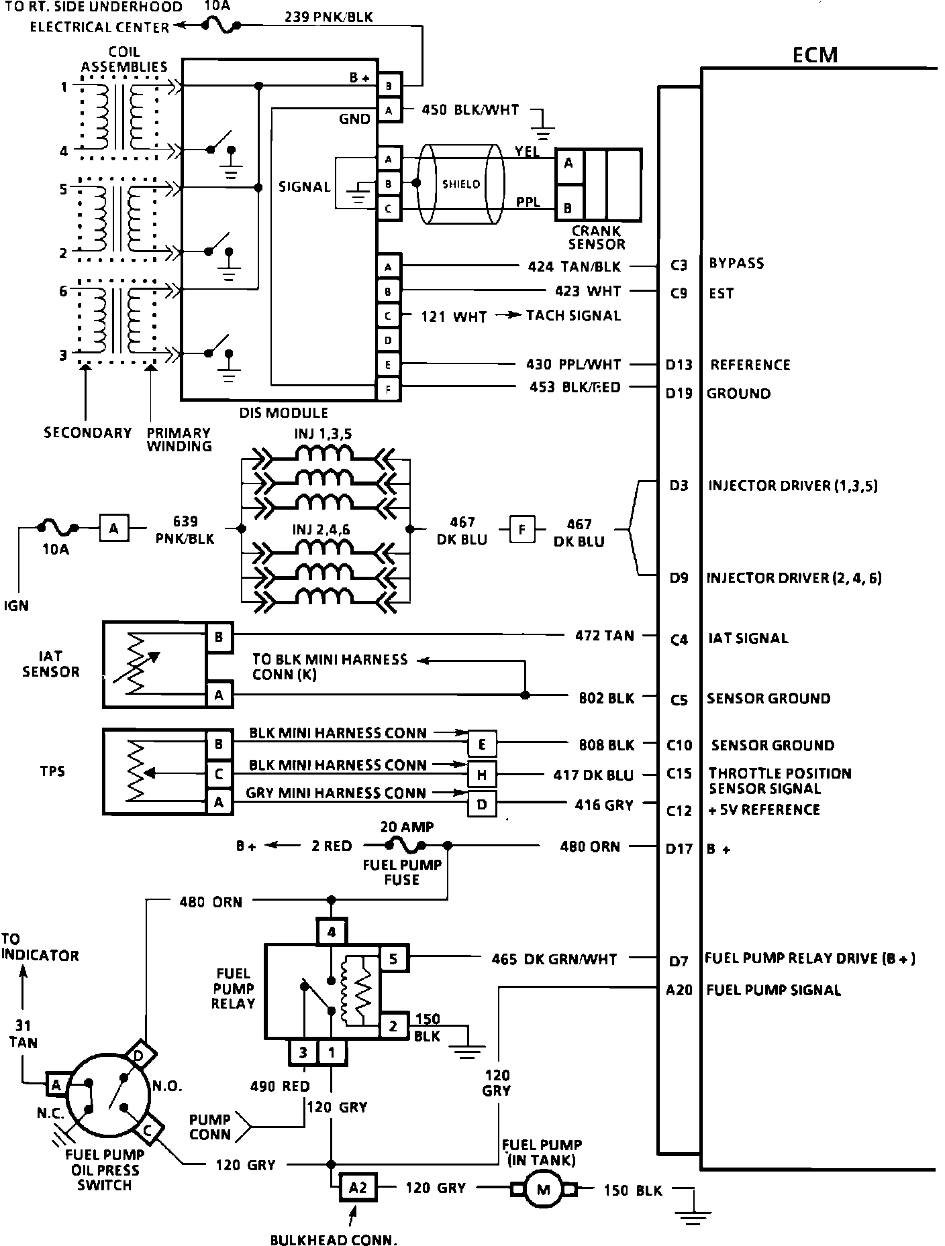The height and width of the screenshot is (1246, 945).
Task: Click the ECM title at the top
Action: click(815, 54)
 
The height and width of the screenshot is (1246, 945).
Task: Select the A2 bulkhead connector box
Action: click(358, 1188)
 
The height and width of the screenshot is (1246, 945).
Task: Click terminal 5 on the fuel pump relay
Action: click(393, 959)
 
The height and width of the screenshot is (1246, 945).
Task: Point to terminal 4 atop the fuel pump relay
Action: click(332, 931)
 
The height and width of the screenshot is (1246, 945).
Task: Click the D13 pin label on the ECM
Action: click(679, 365)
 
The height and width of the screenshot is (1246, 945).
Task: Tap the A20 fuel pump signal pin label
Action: click(679, 990)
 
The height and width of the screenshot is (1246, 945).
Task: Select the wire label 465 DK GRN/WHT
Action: click(554, 959)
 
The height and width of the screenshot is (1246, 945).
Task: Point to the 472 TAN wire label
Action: click(604, 635)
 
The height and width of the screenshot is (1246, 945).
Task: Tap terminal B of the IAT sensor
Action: click(219, 637)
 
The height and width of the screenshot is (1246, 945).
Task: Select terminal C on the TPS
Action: click(219, 774)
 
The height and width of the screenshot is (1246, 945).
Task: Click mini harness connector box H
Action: click(482, 775)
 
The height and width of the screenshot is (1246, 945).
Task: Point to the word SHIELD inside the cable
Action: click(461, 184)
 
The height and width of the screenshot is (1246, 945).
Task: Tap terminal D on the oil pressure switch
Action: click(140, 1056)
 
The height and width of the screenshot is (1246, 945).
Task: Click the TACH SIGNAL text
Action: click(573, 315)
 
